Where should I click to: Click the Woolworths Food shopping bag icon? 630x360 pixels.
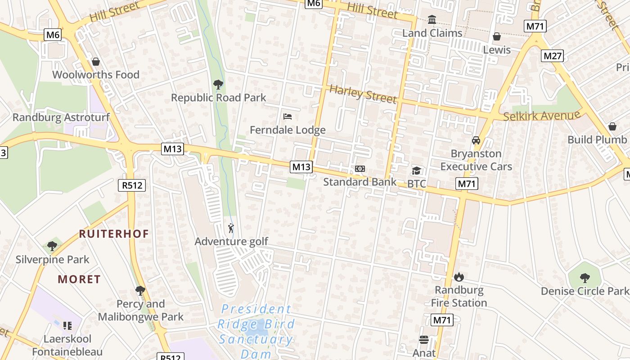pos(95,62)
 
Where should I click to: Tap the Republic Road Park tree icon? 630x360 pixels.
pos(218,84)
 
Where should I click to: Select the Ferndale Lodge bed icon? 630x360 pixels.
pos(288,117)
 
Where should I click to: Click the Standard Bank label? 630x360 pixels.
pos(360,182)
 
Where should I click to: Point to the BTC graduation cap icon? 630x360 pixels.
pos(416,171)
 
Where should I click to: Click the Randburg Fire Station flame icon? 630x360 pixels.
pos(459,277)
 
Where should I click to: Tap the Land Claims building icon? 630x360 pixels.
pos(432,20)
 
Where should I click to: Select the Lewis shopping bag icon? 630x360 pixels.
pos(497,36)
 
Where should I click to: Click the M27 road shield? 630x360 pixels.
pos(552,56)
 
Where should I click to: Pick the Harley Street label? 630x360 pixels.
pos(363,93)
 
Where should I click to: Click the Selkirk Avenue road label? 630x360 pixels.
pos(542,116)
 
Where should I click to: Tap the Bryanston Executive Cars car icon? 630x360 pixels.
pos(476,140)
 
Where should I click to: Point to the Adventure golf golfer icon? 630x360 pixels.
pos(231,229)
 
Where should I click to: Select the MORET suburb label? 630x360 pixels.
pos(79,279)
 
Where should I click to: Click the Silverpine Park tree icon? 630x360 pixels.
pos(52,246)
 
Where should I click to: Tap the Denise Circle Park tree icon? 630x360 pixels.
pos(585,278)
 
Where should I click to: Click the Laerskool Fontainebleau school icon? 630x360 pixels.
pos(67,325)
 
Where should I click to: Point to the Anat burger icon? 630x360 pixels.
pos(424,339)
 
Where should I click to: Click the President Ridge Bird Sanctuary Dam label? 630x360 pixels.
pos(256,331)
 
